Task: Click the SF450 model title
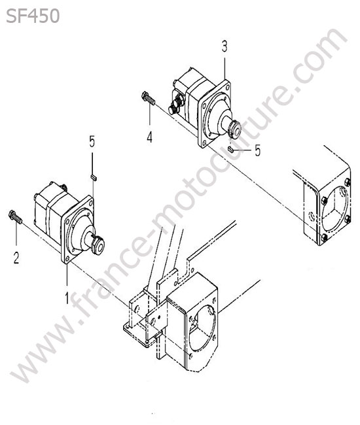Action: click(33, 16)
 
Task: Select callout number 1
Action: click(67, 298)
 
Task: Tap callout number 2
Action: click(16, 258)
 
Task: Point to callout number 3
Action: click(225, 46)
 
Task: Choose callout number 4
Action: click(149, 137)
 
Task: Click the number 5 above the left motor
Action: click(92, 141)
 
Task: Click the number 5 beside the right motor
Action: click(257, 150)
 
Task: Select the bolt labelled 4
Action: click(148, 98)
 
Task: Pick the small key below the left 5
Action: click(94, 177)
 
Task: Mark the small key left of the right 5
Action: click(230, 149)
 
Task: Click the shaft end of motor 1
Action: click(98, 245)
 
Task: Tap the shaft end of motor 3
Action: click(234, 128)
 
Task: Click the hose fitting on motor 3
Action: click(176, 105)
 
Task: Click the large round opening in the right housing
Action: click(334, 211)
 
